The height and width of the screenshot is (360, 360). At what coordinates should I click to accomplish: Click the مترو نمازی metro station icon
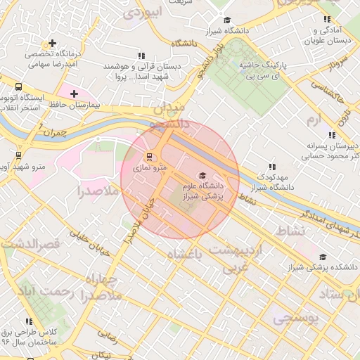click(148, 157)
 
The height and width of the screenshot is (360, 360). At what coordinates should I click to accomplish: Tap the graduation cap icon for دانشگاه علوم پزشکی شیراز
click(202, 176)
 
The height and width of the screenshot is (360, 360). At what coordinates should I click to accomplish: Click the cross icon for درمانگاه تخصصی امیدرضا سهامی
click(52, 44)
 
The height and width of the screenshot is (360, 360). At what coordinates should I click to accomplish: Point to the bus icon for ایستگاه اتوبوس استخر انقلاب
click(17, 87)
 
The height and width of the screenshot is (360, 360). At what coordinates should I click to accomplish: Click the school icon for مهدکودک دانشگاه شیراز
click(272, 167)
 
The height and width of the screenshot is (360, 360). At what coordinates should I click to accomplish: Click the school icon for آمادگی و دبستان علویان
click(326, 20)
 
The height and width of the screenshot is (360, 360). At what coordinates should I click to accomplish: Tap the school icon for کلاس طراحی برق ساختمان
click(29, 321)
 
